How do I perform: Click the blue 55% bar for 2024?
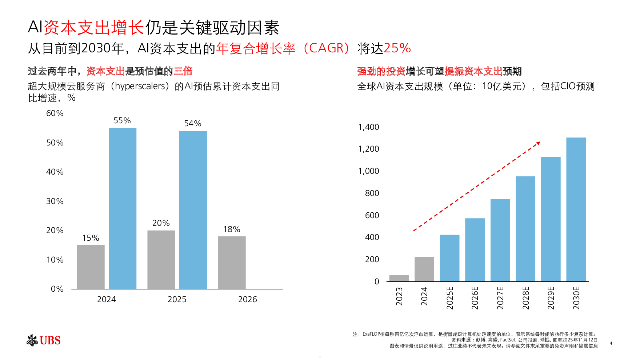pyautogui.click(x=123, y=208)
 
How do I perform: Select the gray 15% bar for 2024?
pyautogui.click(x=91, y=267)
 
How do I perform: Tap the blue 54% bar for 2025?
pyautogui.click(x=193, y=210)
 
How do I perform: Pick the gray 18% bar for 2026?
pyautogui.click(x=232, y=263)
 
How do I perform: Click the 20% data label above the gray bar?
pyautogui.click(x=161, y=223)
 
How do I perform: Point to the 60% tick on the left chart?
pyautogui.click(x=55, y=113)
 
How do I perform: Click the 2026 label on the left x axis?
pyautogui.click(x=247, y=299)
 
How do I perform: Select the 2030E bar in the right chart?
pyautogui.click(x=576, y=209)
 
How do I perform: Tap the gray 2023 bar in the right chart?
pyautogui.click(x=399, y=278)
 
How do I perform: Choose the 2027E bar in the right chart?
pyautogui.click(x=500, y=240)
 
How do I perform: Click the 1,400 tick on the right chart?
pyautogui.click(x=368, y=127)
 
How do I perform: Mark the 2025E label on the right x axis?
pyautogui.click(x=450, y=298)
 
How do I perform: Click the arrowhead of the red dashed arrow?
pyautogui.click(x=539, y=143)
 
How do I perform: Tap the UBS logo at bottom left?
pyautogui.click(x=44, y=340)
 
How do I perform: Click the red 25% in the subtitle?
pyautogui.click(x=397, y=48)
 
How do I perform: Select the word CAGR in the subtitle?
pyautogui.click(x=326, y=48)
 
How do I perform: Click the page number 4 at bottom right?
pyautogui.click(x=611, y=343)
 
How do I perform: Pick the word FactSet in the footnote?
pyautogui.click(x=508, y=340)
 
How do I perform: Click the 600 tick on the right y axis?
pyautogui.click(x=372, y=215)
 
